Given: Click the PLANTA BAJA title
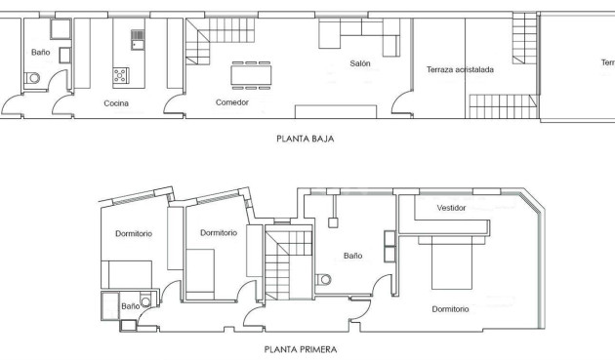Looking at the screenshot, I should pos(307,139).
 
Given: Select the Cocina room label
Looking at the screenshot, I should pos(117,102).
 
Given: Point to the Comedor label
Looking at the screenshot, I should pos(232,101).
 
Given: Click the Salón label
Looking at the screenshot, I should pos(361,64).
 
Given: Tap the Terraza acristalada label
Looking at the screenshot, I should pos(460,69).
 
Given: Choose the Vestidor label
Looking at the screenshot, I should pos(451,208).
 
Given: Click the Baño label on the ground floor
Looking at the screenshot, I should pos(40,53).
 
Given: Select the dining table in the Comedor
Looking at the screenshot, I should pos(251,74).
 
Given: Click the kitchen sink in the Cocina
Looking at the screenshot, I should pos(138,40).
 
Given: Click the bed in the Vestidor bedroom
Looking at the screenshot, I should pos(448,261).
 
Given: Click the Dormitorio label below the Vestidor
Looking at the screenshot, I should pos(450,308).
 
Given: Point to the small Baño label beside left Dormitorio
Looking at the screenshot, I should pos(130,306).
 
